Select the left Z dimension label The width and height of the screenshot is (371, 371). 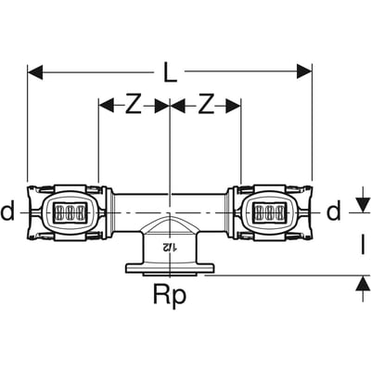click(x=134, y=107)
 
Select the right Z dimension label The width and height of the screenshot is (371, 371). click(x=206, y=107)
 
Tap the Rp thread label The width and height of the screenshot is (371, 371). click(x=170, y=295)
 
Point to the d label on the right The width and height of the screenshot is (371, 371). click(x=334, y=211)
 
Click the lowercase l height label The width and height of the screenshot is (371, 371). click(x=364, y=245)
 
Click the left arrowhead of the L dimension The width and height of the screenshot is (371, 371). click(x=35, y=72)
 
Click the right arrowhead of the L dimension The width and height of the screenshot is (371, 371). click(x=304, y=72)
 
